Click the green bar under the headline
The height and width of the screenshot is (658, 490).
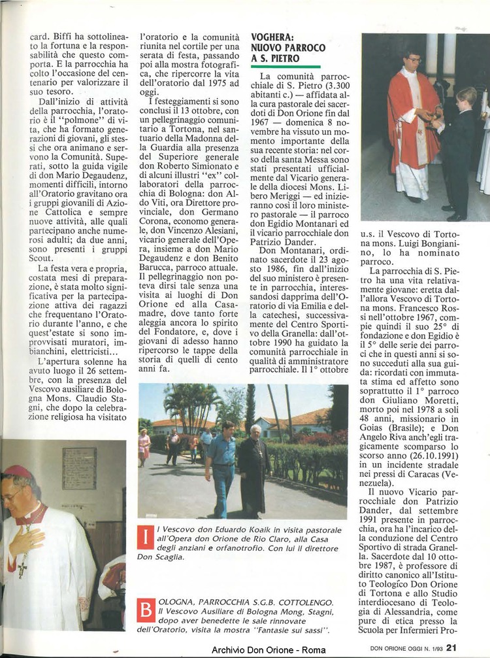click(286, 67)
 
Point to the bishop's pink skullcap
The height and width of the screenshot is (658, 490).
click(17, 471)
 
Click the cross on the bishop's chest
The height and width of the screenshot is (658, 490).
click(22, 567)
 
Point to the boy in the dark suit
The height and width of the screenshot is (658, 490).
click(458, 150)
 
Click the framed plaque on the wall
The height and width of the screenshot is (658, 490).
click(79, 468)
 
